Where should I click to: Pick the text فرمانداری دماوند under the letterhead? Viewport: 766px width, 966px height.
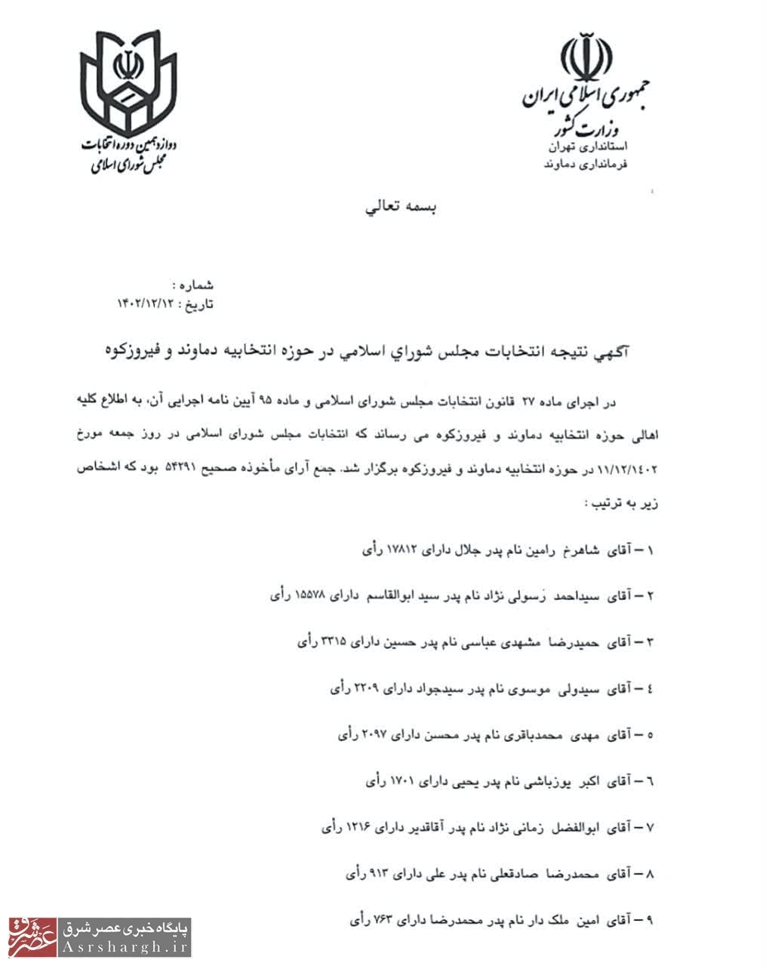point(586,163)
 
